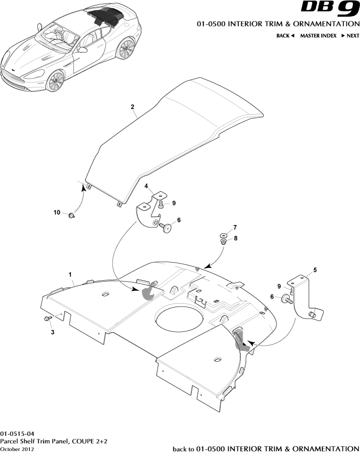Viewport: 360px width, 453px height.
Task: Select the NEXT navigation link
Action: [350, 36]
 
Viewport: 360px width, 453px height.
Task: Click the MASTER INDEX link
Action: [318, 36]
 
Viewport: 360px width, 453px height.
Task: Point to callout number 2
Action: [132, 106]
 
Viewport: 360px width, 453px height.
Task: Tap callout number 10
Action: [57, 212]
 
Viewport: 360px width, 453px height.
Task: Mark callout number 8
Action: [235, 238]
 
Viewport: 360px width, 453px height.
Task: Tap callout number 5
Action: [315, 269]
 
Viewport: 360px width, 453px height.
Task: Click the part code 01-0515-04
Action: [18, 433]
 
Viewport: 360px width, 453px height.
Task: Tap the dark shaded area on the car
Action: [105, 17]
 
